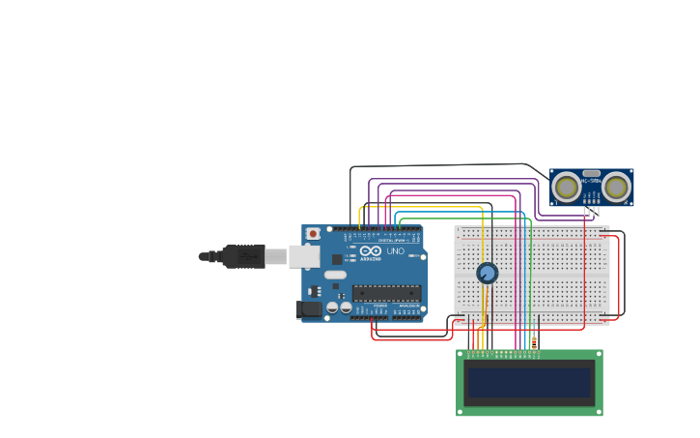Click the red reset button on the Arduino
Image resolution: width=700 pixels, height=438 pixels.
tap(312, 233)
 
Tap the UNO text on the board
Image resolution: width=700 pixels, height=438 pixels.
tap(396, 251)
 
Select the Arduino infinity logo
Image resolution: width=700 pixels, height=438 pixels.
tap(371, 251)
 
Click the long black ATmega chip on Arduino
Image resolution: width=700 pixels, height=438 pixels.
tap(386, 293)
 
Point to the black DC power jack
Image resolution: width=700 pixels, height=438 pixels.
tap(309, 309)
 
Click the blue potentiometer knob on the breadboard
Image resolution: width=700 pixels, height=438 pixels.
tap(488, 273)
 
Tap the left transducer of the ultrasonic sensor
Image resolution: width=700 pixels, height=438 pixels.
tap(567, 186)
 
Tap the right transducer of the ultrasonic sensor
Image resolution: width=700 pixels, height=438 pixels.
tap(617, 186)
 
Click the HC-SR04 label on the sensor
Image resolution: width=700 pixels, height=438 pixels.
tap(592, 181)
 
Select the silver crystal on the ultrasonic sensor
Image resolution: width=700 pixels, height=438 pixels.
tap(592, 173)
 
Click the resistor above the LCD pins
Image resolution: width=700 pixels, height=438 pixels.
tap(534, 342)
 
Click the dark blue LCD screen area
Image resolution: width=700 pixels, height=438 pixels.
tap(529, 382)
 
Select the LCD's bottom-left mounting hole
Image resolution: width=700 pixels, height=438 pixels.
tap(461, 412)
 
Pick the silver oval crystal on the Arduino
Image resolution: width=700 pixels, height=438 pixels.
tap(335, 275)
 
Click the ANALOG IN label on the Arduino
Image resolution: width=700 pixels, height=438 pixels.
tap(409, 306)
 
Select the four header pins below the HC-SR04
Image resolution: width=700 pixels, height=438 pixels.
tap(592, 210)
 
